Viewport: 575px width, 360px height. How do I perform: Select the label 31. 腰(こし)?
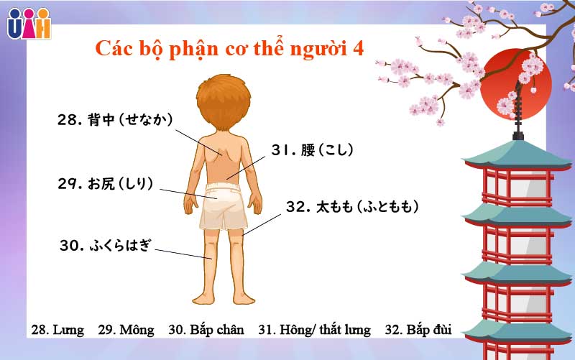[x=313, y=150]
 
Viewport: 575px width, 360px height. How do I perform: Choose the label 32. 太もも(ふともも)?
[x=352, y=207]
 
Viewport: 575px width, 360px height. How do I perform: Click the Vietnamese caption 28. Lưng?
[x=57, y=330]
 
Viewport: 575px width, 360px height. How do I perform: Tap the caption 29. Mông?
[x=126, y=330]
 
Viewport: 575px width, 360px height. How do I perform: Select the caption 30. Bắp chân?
[x=206, y=330]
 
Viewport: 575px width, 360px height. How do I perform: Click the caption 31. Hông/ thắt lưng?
[x=314, y=330]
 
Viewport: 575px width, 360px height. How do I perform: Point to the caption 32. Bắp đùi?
[x=418, y=330]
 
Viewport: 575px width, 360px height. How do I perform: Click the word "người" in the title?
[x=314, y=49]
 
